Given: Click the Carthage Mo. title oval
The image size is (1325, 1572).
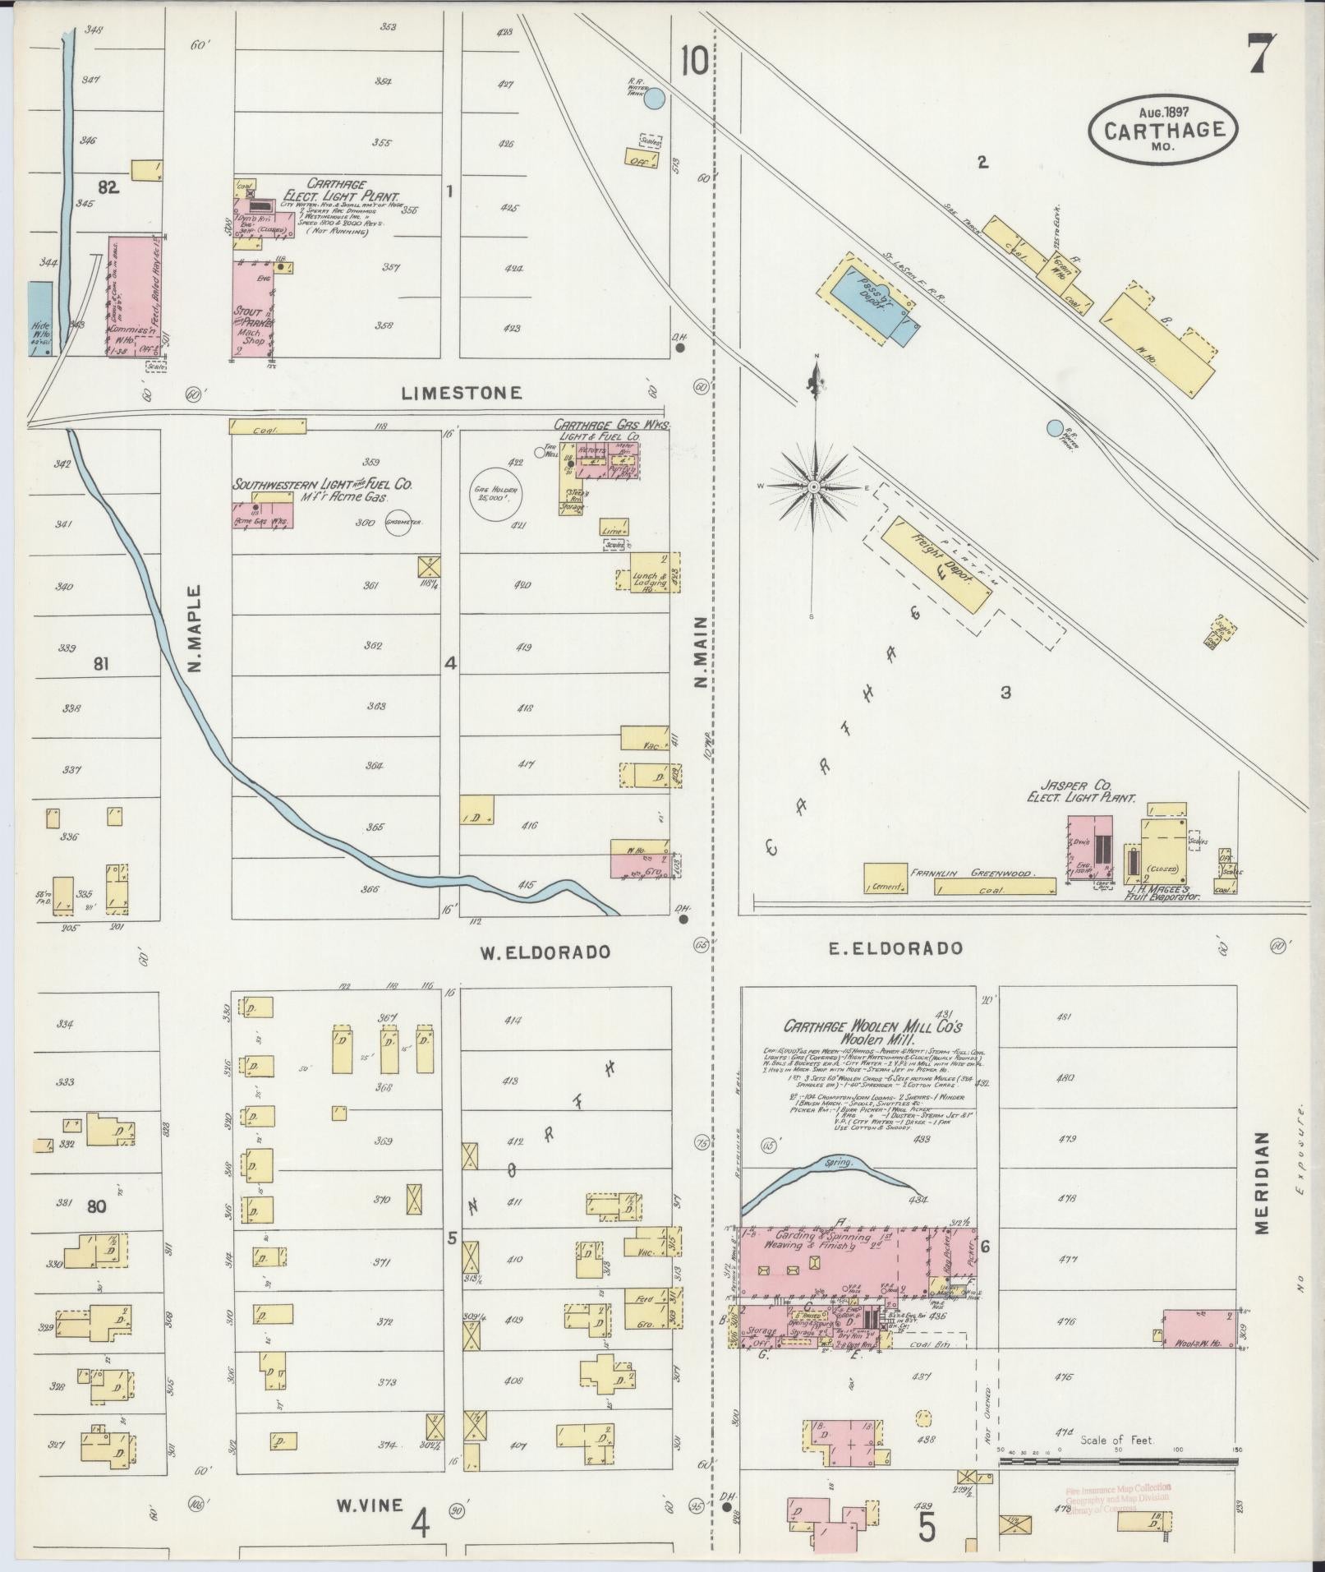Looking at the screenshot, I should click(x=1162, y=128).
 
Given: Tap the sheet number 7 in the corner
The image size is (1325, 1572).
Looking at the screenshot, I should click(x=1262, y=55).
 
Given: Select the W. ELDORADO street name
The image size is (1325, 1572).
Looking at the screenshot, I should click(x=545, y=952).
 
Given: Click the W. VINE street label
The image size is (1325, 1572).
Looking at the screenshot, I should click(x=370, y=1505).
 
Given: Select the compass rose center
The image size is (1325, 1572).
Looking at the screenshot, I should click(x=813, y=487).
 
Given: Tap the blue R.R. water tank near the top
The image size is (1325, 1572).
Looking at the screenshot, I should click(x=654, y=99).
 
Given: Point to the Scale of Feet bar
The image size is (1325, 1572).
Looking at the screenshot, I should click(x=1117, y=1464).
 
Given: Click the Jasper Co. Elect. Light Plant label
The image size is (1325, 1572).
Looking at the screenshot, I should click(x=1080, y=791).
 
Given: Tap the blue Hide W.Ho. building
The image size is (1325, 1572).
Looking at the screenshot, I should click(x=39, y=319).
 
